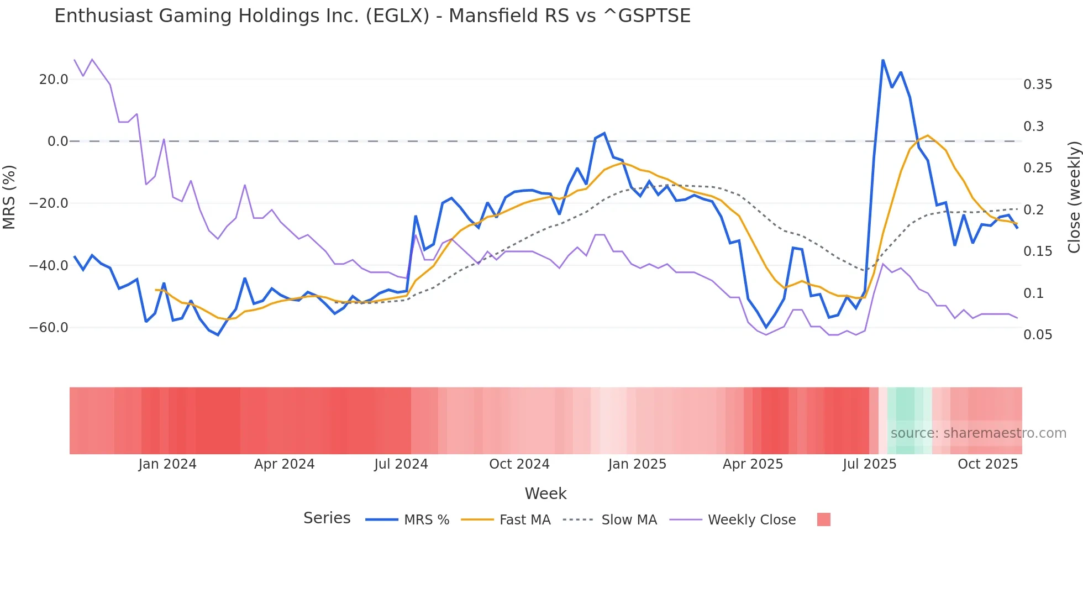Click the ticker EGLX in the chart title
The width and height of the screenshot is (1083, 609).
coord(397,16)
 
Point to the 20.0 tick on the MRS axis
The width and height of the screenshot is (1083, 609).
coord(54,80)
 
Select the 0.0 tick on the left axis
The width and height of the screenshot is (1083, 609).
coord(57,141)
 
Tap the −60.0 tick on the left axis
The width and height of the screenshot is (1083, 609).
coord(49,328)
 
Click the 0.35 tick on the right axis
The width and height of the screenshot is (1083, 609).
coord(1038,85)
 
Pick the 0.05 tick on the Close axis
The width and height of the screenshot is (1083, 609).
coord(1038,335)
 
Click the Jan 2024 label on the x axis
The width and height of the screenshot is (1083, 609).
coord(167,464)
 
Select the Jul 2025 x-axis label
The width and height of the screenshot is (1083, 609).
coord(869,464)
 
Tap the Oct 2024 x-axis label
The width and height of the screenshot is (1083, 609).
coord(519,464)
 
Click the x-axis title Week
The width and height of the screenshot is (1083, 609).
coord(545,494)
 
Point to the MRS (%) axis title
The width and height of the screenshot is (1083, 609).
coord(9,197)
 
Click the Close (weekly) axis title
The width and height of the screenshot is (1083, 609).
coord(1074,197)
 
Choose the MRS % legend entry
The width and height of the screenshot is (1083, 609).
coord(426,520)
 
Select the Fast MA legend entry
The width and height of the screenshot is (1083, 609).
coord(524,520)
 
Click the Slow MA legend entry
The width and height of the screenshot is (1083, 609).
coord(629,520)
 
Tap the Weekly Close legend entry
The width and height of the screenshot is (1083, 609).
coord(751,520)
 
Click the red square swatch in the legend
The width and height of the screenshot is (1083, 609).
coord(823,519)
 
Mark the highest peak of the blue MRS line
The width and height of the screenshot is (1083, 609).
coord(883,60)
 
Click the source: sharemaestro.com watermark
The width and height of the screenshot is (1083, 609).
coord(978,433)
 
